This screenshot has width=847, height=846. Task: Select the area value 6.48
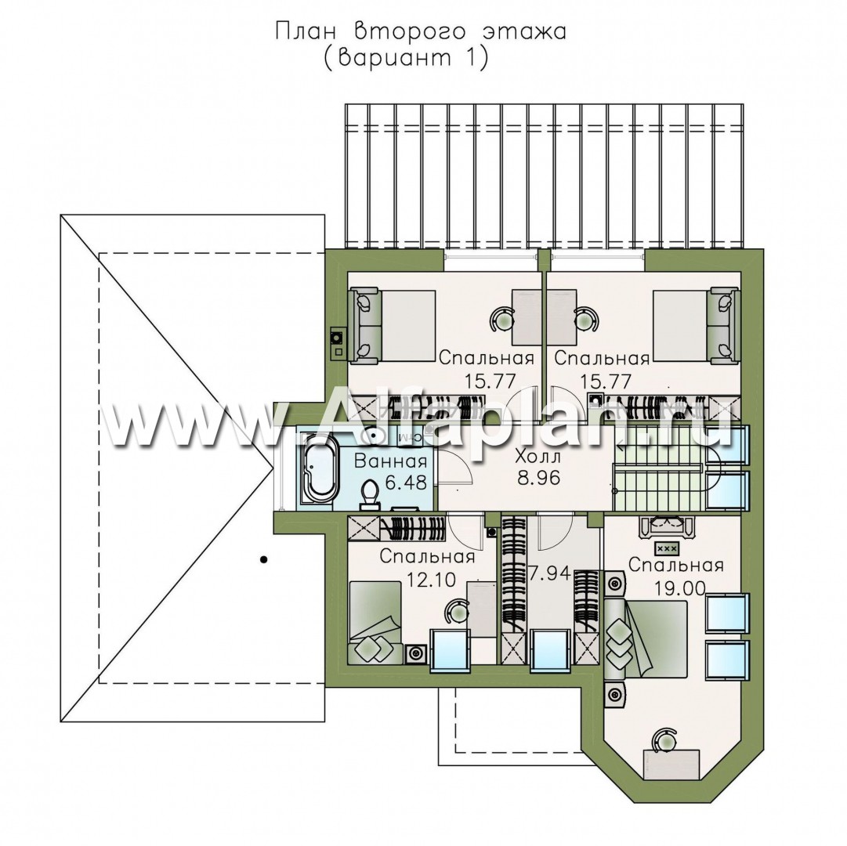click(x=406, y=481)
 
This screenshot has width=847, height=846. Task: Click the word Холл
click(x=538, y=457)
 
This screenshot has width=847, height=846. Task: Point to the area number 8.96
click(x=538, y=478)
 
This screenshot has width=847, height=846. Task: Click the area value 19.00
click(x=680, y=587)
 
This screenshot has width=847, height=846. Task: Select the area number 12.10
click(x=430, y=580)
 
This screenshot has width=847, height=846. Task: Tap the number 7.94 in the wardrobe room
click(x=550, y=573)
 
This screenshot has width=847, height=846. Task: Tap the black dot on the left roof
click(x=263, y=560)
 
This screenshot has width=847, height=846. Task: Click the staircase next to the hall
click(x=660, y=468)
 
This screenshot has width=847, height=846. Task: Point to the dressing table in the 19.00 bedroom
click(x=662, y=526)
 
